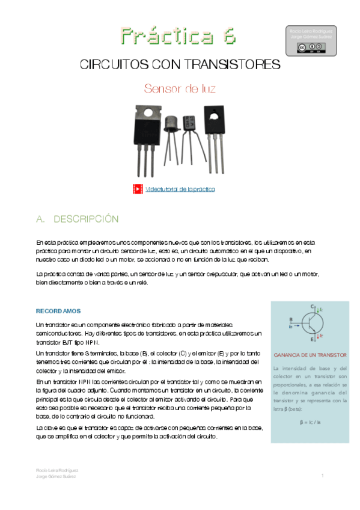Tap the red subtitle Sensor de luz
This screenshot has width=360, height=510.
point(180,89)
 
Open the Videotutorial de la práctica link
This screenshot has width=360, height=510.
point(180,189)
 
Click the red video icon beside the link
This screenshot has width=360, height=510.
point(138,189)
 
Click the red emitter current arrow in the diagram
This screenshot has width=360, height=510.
point(320,336)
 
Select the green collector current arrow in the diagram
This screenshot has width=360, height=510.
point(319,309)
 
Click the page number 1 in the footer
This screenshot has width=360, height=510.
point(323,475)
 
